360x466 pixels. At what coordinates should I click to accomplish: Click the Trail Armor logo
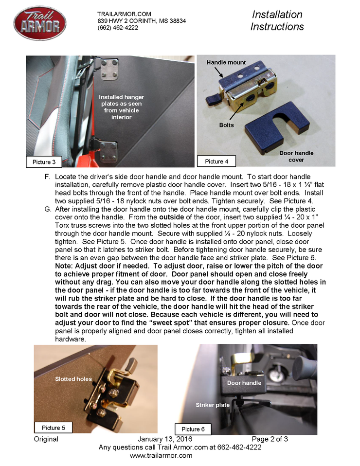click(x=40, y=23)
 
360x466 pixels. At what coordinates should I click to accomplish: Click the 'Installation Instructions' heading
click(x=277, y=20)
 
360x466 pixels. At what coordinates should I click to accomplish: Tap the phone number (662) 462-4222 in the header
click(x=118, y=28)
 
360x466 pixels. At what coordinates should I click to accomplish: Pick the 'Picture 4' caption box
click(x=216, y=161)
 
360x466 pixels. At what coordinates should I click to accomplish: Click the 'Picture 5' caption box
click(x=54, y=428)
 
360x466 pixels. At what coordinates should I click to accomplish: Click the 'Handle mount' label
click(x=226, y=62)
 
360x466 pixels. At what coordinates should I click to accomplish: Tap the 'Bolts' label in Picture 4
click(x=226, y=125)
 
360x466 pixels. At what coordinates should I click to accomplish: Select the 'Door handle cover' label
click(x=296, y=156)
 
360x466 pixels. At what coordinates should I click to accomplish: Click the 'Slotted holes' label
click(x=73, y=379)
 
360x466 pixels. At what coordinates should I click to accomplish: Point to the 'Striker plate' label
click(x=213, y=405)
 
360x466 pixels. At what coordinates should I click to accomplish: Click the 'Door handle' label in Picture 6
click(x=244, y=383)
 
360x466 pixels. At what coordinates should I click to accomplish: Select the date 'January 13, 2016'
click(x=166, y=439)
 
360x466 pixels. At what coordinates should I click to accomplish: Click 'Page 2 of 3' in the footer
click(x=270, y=439)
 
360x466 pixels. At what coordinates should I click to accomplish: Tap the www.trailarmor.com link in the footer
click(x=161, y=456)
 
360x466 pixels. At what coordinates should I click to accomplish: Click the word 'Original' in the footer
click(x=46, y=439)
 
